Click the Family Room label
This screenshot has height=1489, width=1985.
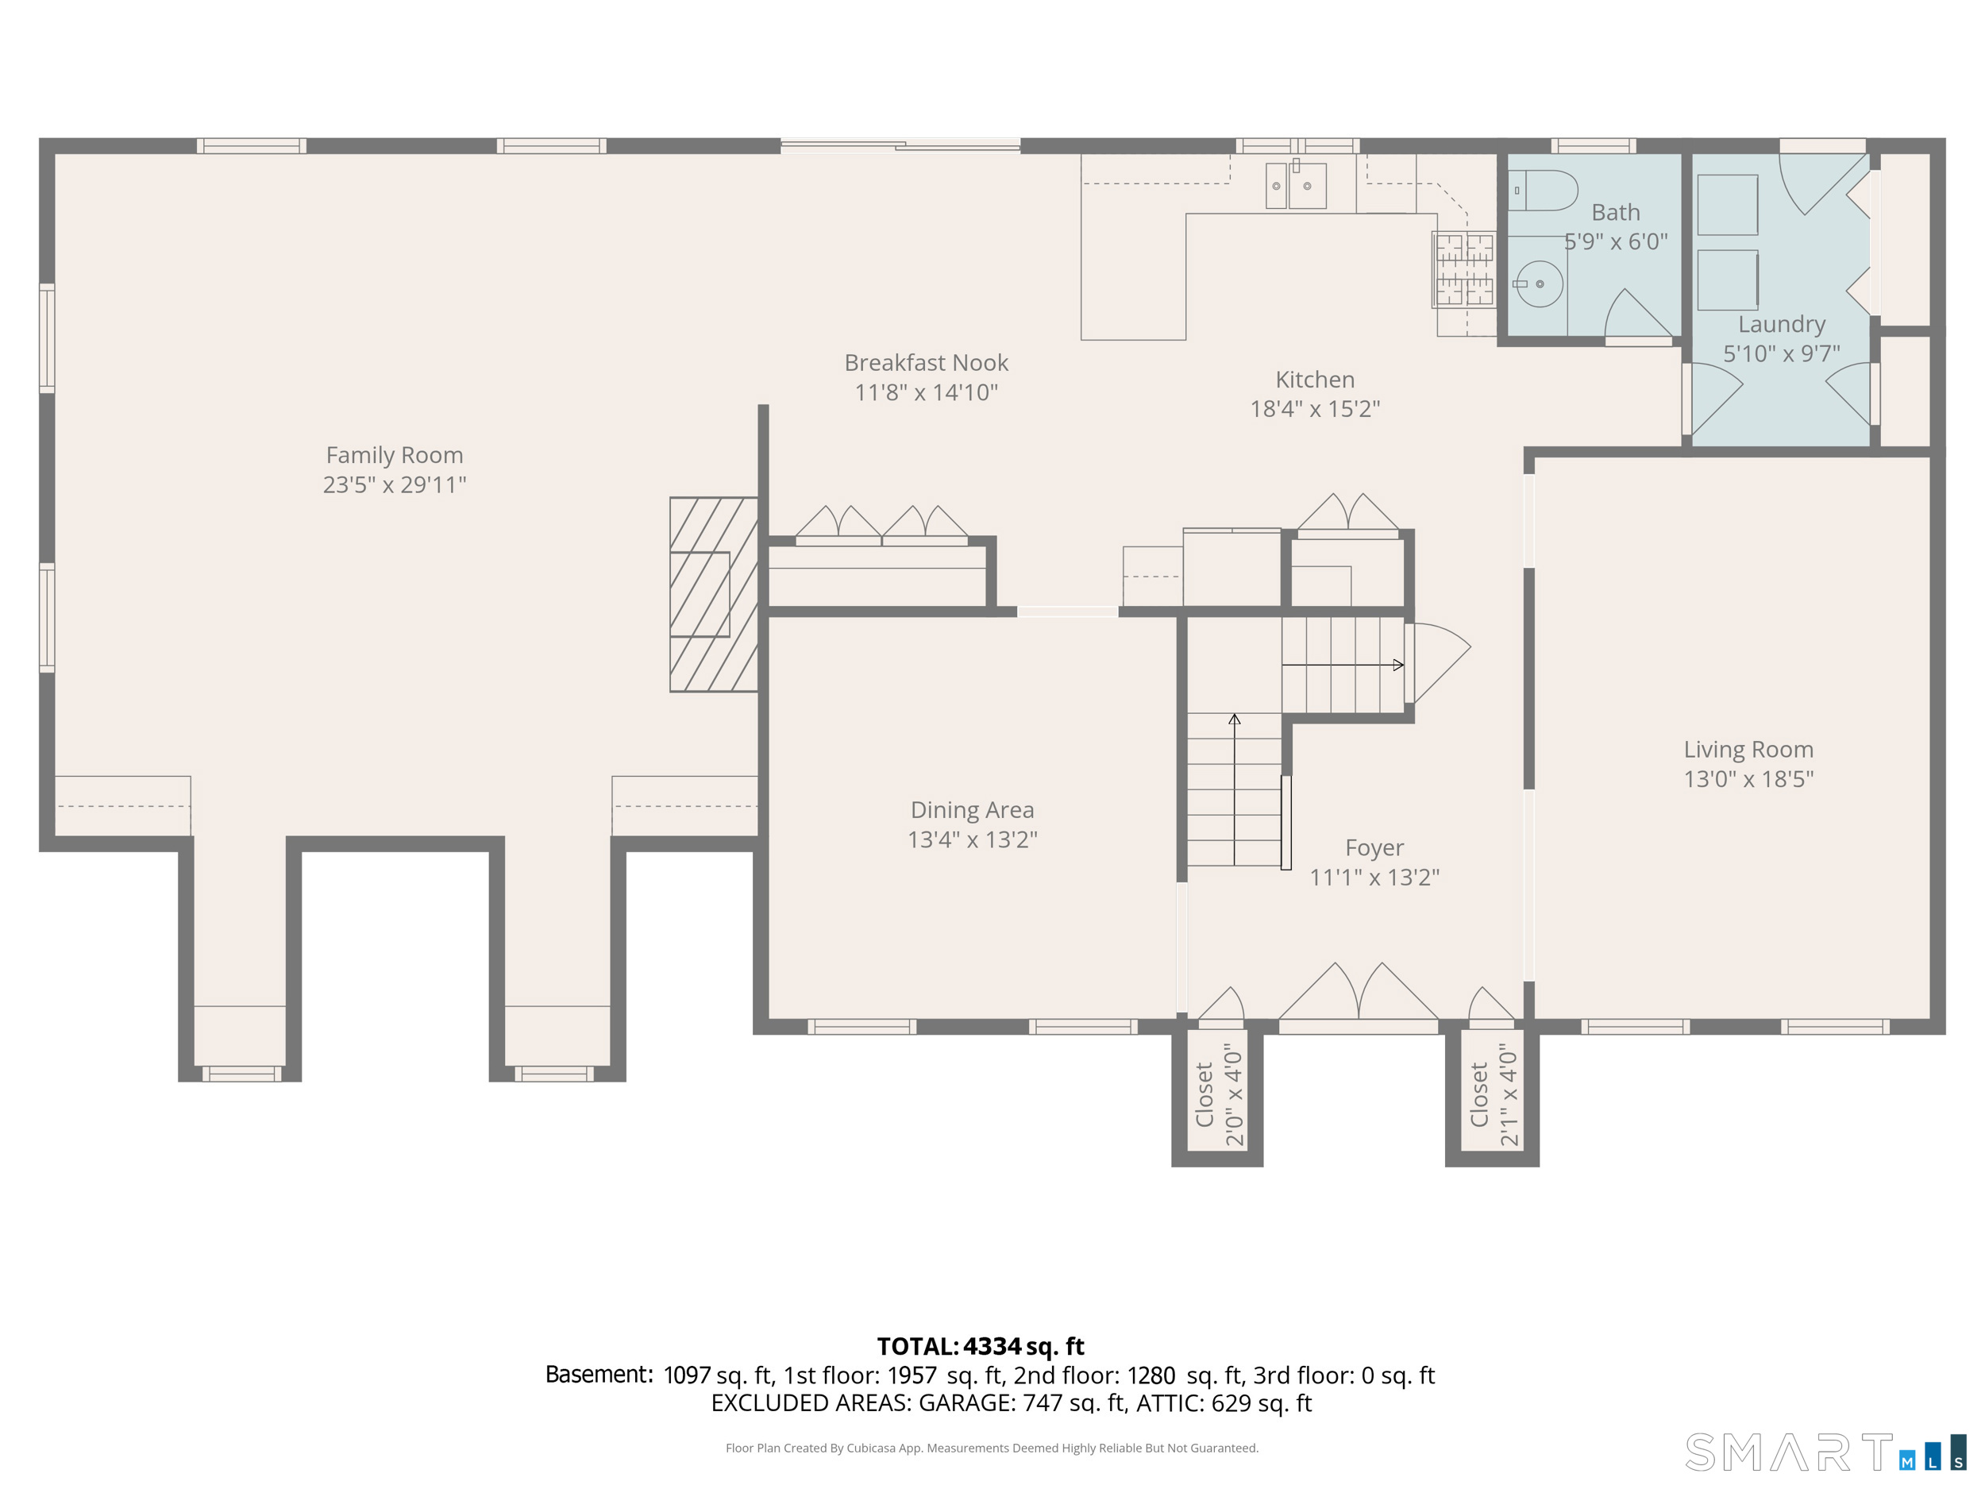tap(394, 455)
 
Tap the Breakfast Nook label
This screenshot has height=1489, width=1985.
tap(926, 363)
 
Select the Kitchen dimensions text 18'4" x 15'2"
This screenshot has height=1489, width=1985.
tap(1315, 409)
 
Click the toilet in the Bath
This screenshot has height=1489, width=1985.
tap(1542, 191)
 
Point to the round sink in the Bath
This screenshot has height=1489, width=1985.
tap(1539, 284)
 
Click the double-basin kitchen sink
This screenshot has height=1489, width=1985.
tap(1296, 185)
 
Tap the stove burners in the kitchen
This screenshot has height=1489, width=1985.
tap(1463, 270)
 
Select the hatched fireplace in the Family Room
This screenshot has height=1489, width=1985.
tap(715, 594)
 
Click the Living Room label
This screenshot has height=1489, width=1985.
tap(1748, 750)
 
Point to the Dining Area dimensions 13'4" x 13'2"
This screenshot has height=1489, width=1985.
tap(972, 839)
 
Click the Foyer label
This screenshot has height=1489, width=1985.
tap(1374, 847)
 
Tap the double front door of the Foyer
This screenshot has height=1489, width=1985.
tap(1359, 993)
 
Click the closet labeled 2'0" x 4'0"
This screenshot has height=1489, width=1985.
tap(1218, 1095)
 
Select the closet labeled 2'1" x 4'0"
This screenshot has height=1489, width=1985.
tap(1493, 1095)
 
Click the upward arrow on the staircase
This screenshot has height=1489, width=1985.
tap(1235, 789)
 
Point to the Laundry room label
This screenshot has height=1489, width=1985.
tap(1781, 324)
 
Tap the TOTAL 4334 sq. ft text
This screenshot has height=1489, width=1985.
tap(980, 1346)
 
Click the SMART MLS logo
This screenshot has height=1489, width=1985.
tap(1826, 1452)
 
